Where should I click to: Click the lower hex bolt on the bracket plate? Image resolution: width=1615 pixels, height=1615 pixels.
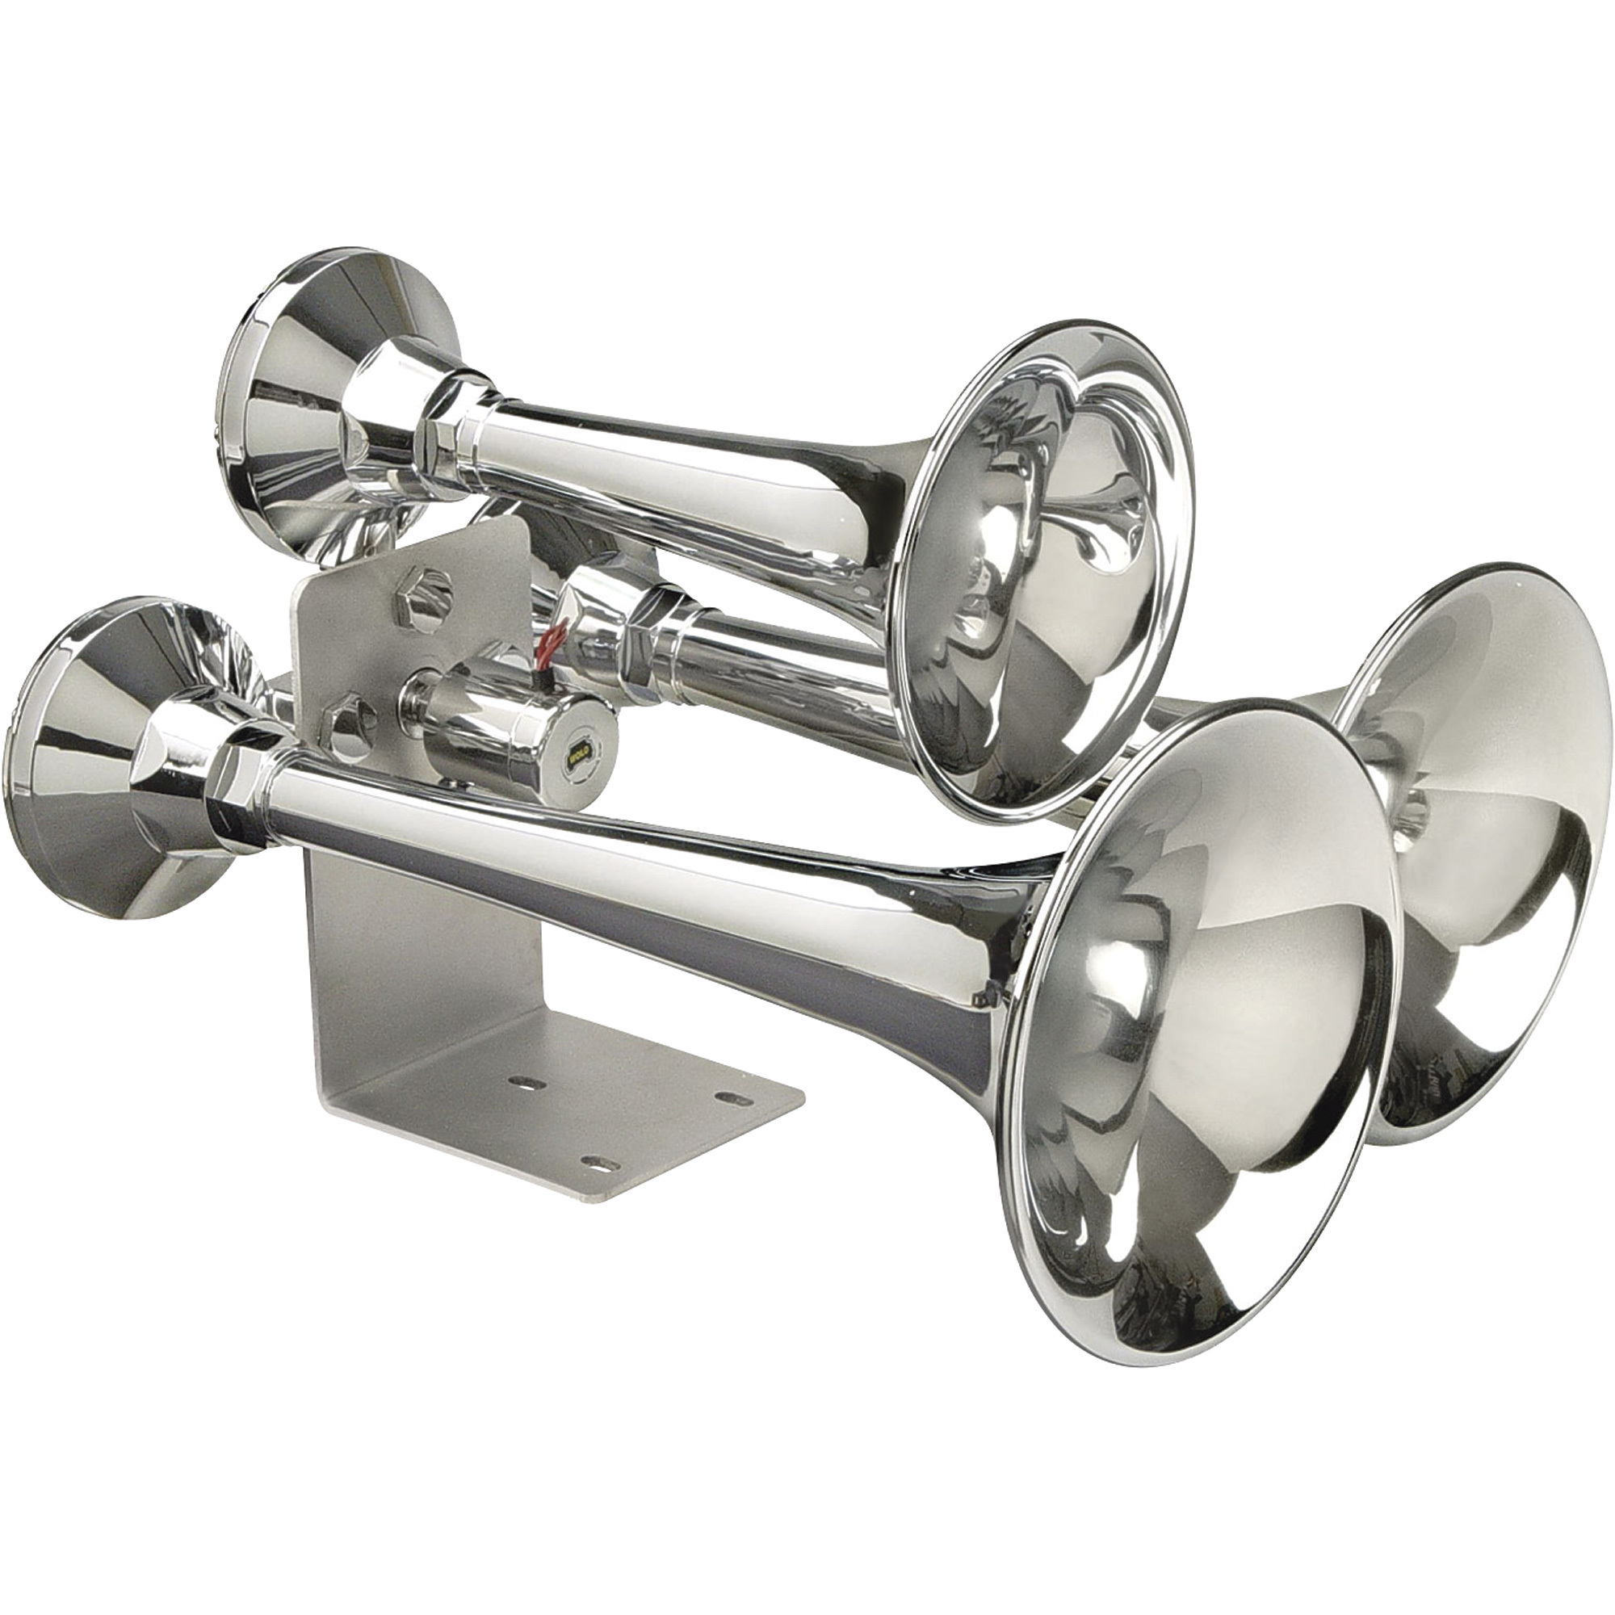[x=350, y=721]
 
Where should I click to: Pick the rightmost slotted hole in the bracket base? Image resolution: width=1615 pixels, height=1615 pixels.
[x=736, y=1097]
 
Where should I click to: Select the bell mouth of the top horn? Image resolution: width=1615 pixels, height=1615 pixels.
[x=1045, y=577]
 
